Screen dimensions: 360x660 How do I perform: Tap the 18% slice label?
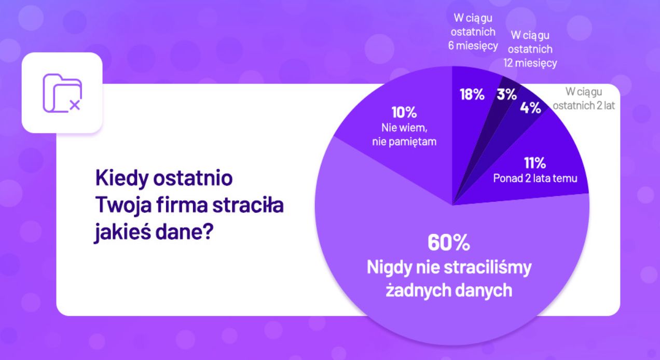click(472, 94)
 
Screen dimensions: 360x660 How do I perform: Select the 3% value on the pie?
click(507, 94)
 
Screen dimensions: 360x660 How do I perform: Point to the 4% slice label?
click(530, 108)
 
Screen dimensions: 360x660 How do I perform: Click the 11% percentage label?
click(534, 163)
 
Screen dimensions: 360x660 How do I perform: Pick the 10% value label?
click(403, 113)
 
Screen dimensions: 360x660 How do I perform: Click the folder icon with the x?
click(62, 93)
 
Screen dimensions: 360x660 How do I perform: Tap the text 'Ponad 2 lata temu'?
click(534, 178)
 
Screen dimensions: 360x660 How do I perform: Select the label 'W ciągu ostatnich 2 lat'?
click(584, 99)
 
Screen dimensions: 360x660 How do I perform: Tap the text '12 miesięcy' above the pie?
click(530, 63)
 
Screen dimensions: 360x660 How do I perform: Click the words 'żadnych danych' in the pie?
click(449, 290)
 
